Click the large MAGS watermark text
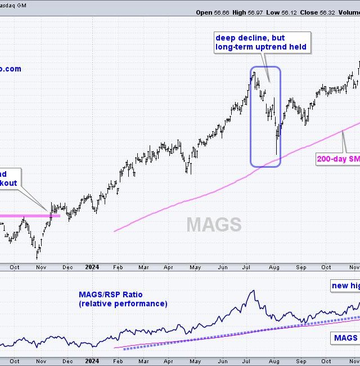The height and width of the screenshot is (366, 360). (214, 225)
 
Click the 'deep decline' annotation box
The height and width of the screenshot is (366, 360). (261, 42)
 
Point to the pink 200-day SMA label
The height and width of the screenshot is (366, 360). (338, 159)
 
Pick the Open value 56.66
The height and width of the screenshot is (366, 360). (219, 12)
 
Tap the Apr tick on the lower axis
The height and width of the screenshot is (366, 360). (169, 361)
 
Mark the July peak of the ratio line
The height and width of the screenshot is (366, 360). (254, 291)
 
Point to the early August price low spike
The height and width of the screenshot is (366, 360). (277, 154)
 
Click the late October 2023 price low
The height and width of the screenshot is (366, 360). (38, 258)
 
